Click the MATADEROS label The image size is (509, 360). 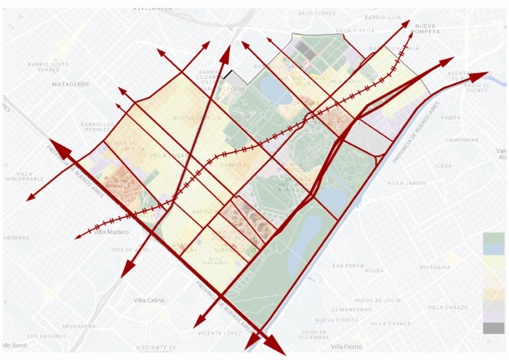point(70,84)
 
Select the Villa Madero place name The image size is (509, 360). point(109,231)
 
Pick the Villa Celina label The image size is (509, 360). point(149,300)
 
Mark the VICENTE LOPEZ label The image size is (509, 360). point(219,333)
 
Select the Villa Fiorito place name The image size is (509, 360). point(347,347)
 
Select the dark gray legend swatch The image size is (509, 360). point(493,328)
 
